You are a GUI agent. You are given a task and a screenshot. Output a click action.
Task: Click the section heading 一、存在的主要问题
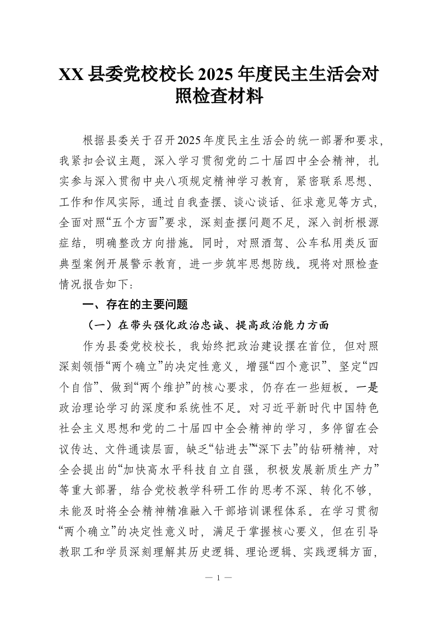[135, 304]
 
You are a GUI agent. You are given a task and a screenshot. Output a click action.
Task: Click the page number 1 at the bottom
[219, 578]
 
